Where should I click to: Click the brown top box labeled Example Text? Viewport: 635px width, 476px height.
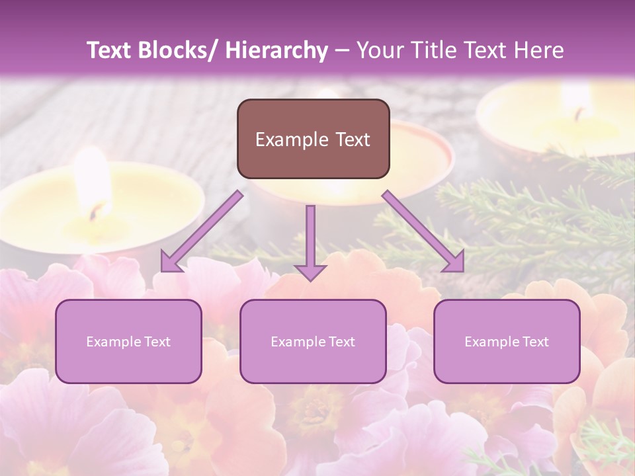(313, 139)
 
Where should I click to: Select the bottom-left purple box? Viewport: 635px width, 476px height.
(128, 341)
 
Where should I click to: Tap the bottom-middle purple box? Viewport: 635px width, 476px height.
(313, 341)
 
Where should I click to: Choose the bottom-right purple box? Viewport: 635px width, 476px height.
(507, 341)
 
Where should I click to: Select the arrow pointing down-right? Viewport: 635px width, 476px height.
(423, 231)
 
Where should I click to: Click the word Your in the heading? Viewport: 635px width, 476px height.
(379, 50)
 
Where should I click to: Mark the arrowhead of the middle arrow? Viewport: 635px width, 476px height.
(310, 272)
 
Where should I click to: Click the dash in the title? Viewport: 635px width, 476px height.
(342, 51)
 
